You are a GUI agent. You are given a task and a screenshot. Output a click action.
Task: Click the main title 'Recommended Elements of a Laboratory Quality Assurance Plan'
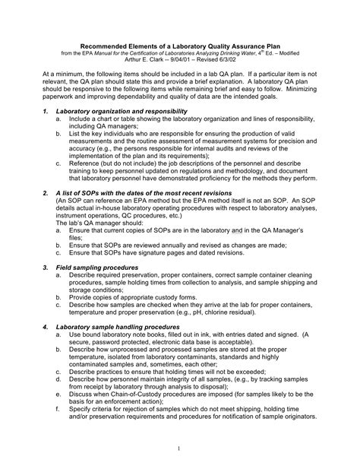(x=179, y=44)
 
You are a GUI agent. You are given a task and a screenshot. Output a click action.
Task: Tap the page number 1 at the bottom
(x=179, y=448)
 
